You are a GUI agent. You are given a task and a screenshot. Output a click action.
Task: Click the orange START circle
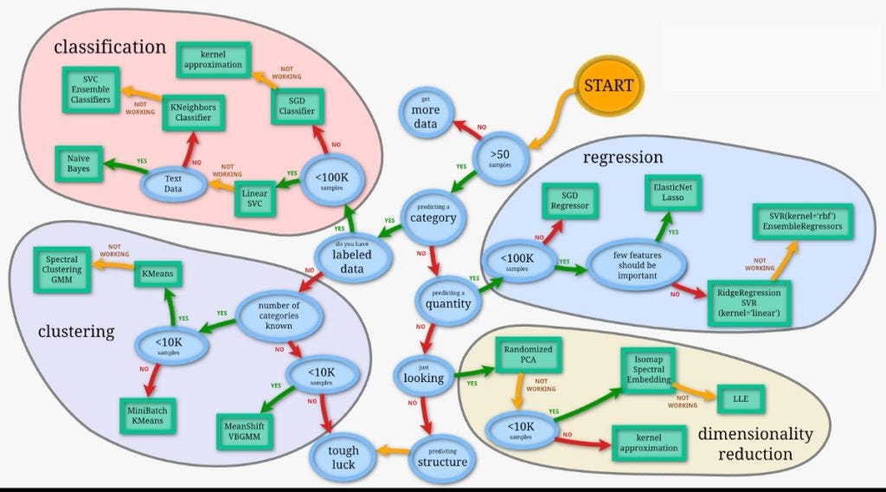coord(608,86)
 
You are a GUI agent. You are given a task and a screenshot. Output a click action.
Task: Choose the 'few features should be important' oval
coord(638,265)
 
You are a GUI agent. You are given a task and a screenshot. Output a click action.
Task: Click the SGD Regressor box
coord(570,201)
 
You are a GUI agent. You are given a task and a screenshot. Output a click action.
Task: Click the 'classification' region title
coord(109,47)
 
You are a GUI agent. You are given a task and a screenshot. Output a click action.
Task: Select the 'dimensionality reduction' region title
coord(754,443)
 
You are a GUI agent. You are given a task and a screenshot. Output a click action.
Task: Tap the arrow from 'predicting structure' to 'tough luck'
coord(391,450)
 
